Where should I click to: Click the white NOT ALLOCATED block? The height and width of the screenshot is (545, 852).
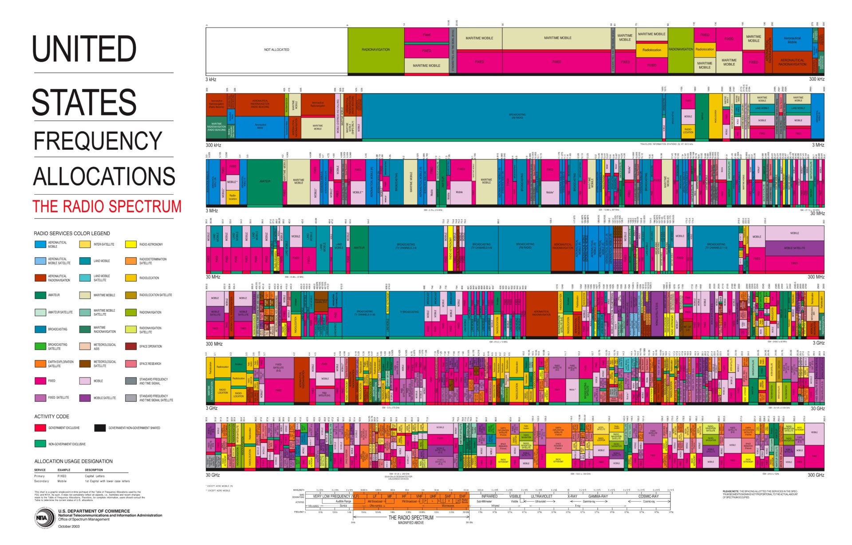pyautogui.click(x=276, y=50)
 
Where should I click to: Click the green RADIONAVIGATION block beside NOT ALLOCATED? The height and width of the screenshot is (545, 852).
pyautogui.click(x=375, y=50)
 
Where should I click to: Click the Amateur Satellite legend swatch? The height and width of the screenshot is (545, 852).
pyautogui.click(x=40, y=312)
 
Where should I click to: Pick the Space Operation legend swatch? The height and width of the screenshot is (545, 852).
pyautogui.click(x=130, y=346)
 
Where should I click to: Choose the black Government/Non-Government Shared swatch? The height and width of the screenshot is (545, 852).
pyautogui.click(x=100, y=428)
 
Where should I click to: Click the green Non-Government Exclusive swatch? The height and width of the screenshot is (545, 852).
pyautogui.click(x=40, y=444)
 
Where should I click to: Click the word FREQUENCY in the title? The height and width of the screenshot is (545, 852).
pyautogui.click(x=98, y=141)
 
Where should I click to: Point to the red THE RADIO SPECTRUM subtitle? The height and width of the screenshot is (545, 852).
pyautogui.click(x=107, y=207)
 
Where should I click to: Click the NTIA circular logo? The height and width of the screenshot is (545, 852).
pyautogui.click(x=43, y=518)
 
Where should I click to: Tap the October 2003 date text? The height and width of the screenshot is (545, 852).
pyautogui.click(x=69, y=526)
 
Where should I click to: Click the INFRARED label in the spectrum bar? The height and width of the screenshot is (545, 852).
pyautogui.click(x=489, y=496)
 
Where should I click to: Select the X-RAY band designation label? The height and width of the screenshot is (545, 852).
pyautogui.click(x=572, y=496)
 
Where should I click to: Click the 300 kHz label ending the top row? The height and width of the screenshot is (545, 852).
pyautogui.click(x=816, y=79)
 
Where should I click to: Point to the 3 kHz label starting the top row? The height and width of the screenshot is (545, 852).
pyautogui.click(x=211, y=80)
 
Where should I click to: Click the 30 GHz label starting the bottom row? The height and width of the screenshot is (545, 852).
pyautogui.click(x=213, y=475)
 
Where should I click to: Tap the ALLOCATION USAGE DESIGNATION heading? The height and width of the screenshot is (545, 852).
pyautogui.click(x=73, y=461)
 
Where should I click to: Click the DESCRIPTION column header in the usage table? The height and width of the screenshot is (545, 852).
pyautogui.click(x=94, y=470)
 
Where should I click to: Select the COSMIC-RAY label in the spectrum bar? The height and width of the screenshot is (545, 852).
pyautogui.click(x=648, y=496)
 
